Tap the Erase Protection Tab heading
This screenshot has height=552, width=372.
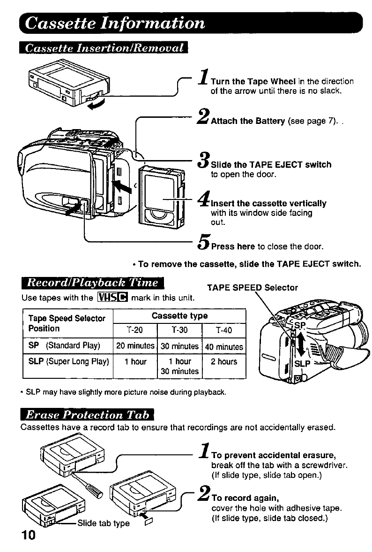click(88, 414)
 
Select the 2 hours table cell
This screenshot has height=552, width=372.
click(224, 362)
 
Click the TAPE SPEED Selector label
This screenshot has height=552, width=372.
click(252, 288)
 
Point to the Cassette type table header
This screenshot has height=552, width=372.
click(179, 316)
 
